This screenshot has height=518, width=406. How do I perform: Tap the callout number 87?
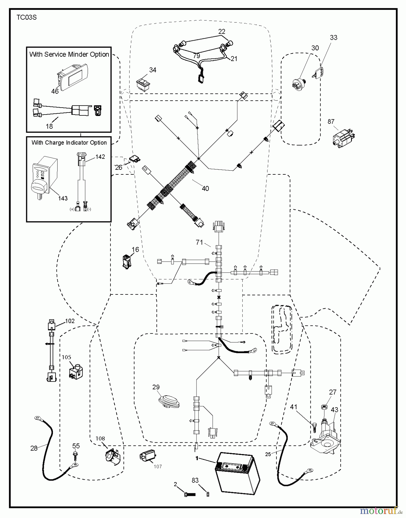[331, 122]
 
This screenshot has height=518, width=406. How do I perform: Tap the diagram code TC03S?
[26, 18]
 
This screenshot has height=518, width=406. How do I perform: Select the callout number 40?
[205, 188]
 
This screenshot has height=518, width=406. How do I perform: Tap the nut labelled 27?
[324, 407]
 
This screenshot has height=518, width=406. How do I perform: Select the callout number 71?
[199, 242]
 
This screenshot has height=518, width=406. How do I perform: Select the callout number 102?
[70, 321]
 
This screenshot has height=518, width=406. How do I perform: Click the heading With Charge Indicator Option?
[69, 143]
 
